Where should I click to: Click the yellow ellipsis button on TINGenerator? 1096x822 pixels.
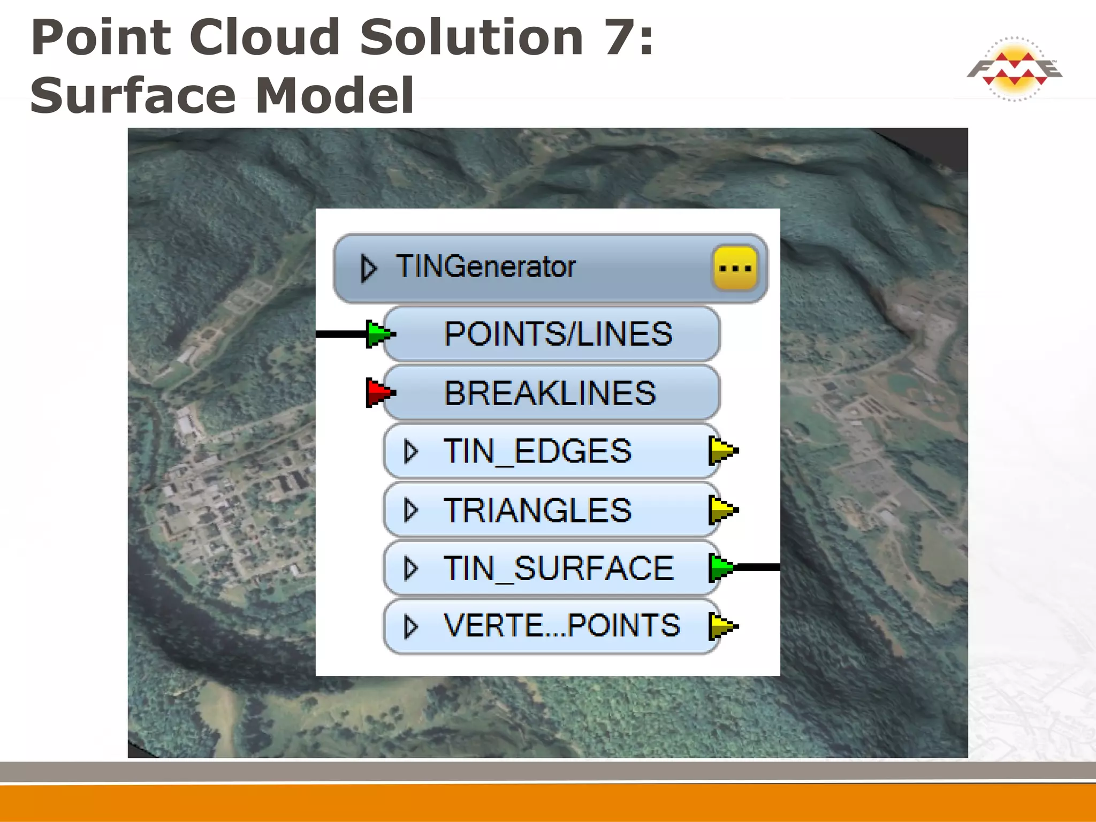point(735,268)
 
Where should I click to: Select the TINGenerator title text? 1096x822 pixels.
point(485,267)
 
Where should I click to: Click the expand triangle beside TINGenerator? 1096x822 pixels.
point(369,268)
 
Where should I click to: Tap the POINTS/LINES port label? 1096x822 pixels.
point(558,334)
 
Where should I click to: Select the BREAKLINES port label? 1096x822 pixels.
point(550,393)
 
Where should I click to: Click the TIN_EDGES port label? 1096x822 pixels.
point(537,451)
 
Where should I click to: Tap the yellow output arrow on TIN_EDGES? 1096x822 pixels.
point(722,451)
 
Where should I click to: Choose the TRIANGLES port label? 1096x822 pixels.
point(537,510)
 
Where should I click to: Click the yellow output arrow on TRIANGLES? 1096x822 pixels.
point(722,510)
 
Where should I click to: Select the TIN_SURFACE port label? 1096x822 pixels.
point(558,568)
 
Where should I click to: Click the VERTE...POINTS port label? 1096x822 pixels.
point(561,626)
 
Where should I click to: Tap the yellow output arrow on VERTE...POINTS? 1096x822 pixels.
point(722,626)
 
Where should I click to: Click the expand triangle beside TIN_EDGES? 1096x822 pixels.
point(410,452)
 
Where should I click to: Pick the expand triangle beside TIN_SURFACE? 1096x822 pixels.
point(410,568)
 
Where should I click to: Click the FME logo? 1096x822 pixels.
point(1014,69)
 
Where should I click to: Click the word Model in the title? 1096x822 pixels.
point(335,96)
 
